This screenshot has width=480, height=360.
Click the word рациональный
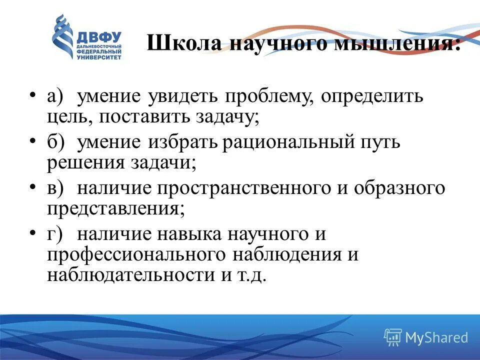coord(287,142)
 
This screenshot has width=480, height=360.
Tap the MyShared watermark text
coord(436,337)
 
